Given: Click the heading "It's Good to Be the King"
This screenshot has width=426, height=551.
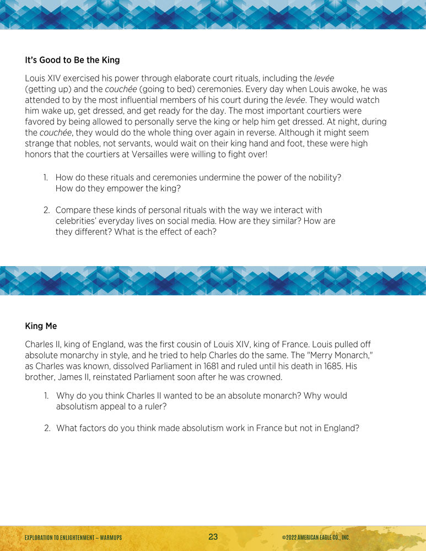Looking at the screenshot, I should pos(72,60).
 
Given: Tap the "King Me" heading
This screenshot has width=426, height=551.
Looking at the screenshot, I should pos(41,326).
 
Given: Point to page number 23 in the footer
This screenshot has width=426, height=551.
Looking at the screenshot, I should pos(213,537).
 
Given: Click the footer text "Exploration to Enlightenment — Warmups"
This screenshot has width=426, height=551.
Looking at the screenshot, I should pos(73,537).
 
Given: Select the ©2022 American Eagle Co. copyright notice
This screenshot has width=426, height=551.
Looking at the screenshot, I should pos(315,537).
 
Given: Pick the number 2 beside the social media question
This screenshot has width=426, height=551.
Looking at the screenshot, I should pos(47,210).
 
